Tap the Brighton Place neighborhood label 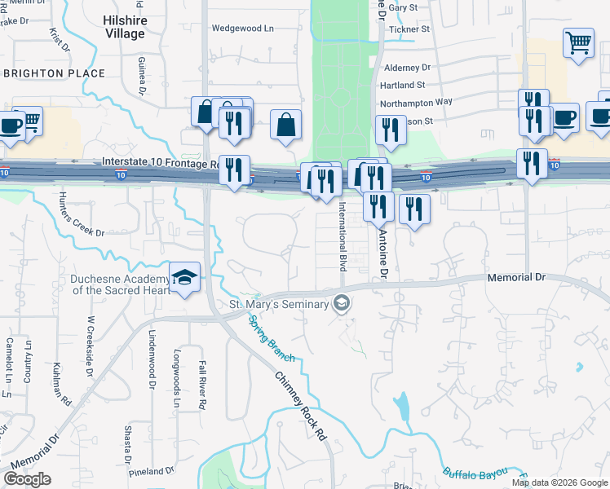[54, 73]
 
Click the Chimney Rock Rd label [299, 406]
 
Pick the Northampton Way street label [416, 102]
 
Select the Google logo [27, 479]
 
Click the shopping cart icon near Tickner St [578, 43]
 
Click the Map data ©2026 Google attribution [559, 482]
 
